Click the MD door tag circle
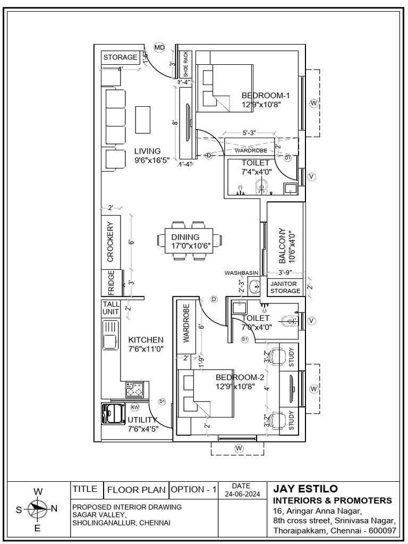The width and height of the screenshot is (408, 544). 159,48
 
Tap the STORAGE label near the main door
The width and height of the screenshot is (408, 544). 121,57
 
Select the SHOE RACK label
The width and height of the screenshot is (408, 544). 186,64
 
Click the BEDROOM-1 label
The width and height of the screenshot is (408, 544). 265,96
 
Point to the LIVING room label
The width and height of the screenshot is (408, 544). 147,151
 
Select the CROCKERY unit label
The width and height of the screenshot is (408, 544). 110,242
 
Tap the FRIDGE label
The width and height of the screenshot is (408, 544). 111,283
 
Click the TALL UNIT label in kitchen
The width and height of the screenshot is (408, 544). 111,308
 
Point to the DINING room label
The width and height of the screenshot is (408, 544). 185,237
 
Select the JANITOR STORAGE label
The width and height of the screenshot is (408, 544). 285,287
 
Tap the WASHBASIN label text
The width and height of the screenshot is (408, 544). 241,273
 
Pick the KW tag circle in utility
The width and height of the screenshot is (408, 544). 135,407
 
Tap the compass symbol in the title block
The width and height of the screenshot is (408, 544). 38,508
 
